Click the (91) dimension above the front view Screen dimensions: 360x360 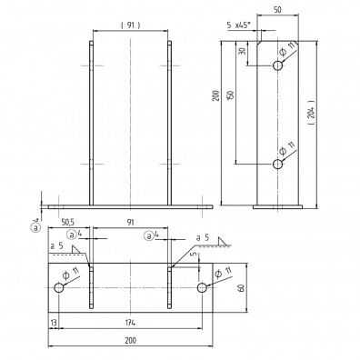coord(130,25)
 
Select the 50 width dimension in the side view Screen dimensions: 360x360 coord(277,10)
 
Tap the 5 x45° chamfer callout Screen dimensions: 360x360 coord(239,25)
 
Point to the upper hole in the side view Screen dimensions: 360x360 coord(277,65)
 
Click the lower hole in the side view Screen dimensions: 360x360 coord(277,164)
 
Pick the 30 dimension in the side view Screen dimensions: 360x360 coord(243,51)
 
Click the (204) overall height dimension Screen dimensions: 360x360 coord(312,112)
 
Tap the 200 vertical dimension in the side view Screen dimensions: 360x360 coord(215,95)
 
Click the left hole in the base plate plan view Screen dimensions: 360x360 coord(59,287)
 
